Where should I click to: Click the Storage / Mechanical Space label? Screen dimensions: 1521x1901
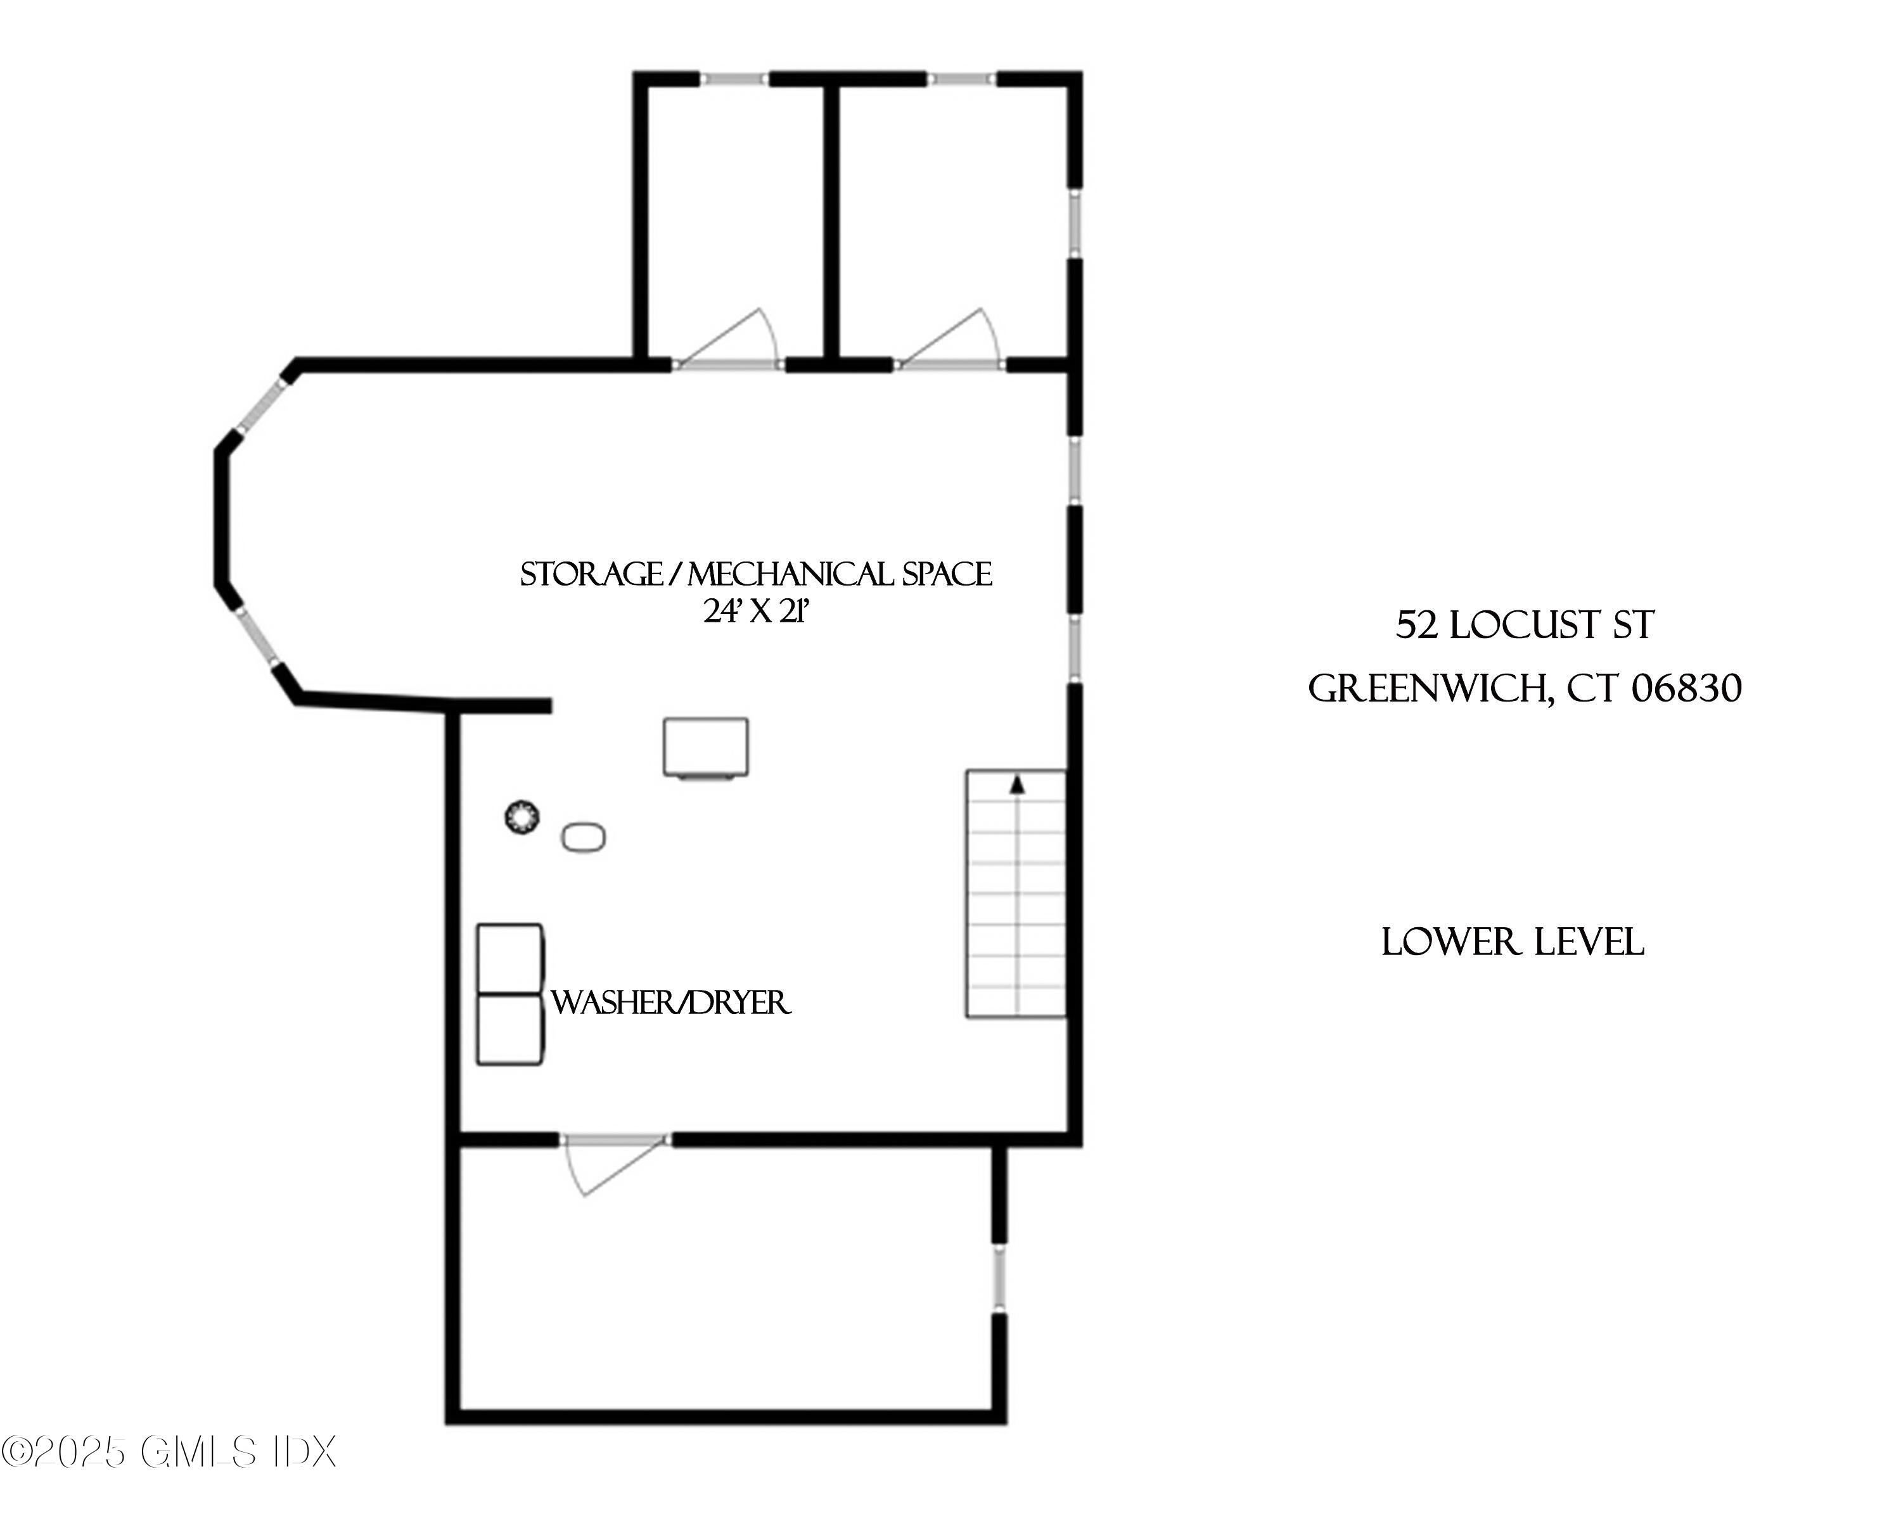755,575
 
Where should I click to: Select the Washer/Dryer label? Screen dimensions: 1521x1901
670,1003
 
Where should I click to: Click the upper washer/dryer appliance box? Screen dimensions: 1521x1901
509,959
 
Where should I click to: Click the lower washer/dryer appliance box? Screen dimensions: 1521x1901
509,1029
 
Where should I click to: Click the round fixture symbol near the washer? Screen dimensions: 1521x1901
522,818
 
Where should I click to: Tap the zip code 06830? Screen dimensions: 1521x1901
1686,689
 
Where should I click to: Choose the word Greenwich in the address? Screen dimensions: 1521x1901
1426,689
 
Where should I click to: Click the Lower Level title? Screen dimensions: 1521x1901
1512,942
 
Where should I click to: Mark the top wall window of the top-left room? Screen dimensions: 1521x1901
734,79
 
